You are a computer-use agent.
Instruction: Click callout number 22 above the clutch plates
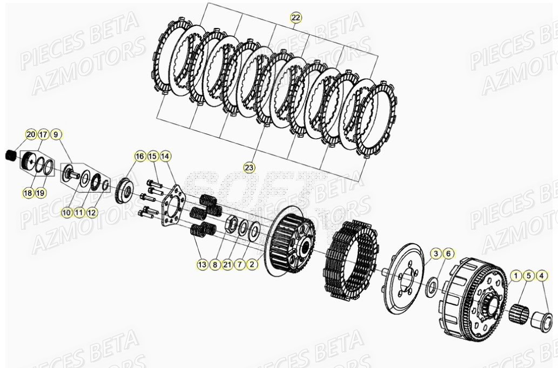[x=295, y=17]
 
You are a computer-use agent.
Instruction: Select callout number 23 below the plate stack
[x=249, y=167]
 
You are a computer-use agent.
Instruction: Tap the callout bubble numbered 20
[x=31, y=134]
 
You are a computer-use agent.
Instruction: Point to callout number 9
[x=57, y=134]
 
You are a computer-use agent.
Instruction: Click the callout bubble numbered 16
[x=140, y=156]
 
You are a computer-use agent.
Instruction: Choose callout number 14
[x=165, y=156]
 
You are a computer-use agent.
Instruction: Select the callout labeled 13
[x=202, y=265]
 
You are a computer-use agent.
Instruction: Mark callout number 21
[x=227, y=265]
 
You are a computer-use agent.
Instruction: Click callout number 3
[x=435, y=253]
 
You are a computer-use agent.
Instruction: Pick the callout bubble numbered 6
[x=448, y=253]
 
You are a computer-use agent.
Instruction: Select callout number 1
[x=516, y=276]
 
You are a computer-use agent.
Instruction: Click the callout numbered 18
[x=28, y=193]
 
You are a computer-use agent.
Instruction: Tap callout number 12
[x=92, y=213]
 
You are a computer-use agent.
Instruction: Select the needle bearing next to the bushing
[x=520, y=312]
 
